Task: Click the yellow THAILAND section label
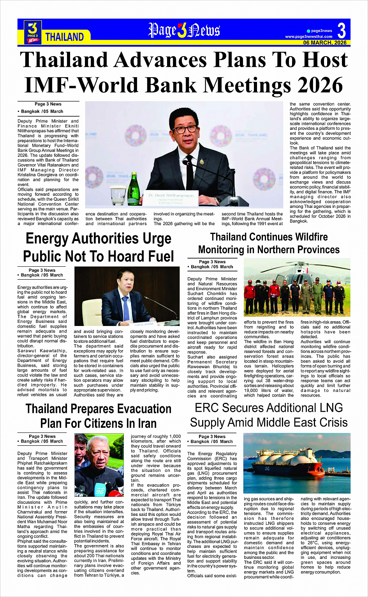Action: [x=65, y=37]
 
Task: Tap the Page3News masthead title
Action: [x=184, y=30]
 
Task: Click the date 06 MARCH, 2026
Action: [x=325, y=43]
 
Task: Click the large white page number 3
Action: [x=341, y=30]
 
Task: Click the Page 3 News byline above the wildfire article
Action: [x=212, y=262]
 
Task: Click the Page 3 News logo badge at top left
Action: [x=33, y=32]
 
